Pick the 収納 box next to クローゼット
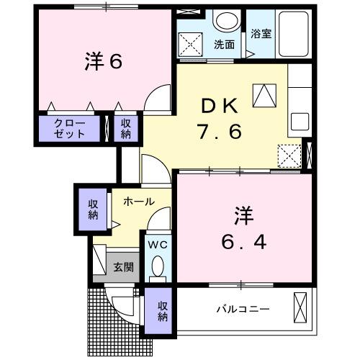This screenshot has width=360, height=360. (x=126, y=130)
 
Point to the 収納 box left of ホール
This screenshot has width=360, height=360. (x=93, y=209)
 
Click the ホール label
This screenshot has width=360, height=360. (x=138, y=202)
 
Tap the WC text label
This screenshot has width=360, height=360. (x=157, y=245)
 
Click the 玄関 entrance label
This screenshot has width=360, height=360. (x=123, y=267)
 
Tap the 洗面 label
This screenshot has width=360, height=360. (x=223, y=44)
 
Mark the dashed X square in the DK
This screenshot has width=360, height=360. (x=289, y=155)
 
